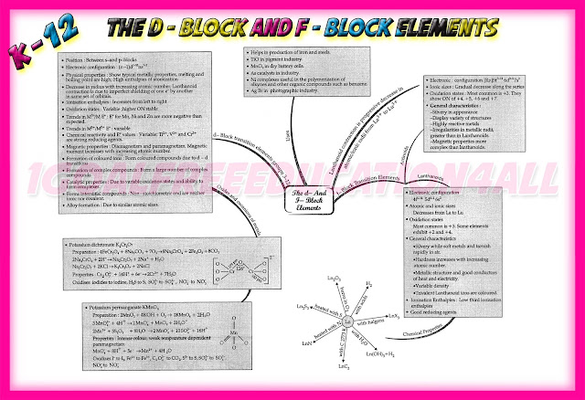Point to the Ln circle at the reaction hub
[346, 321]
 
